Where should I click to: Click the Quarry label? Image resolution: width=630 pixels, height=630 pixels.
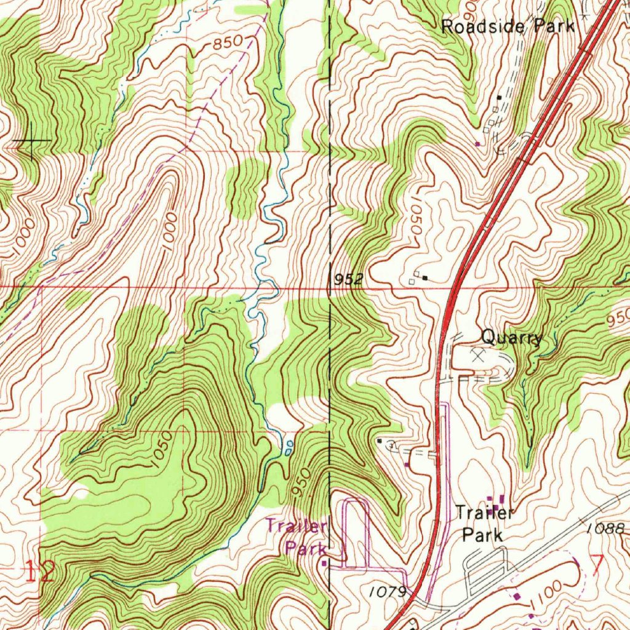point(511,337)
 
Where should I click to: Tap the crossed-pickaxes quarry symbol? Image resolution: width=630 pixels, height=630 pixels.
point(478,354)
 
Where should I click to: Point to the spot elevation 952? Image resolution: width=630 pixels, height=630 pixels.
point(349,280)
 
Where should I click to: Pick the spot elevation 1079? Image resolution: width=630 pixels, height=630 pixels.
point(388,592)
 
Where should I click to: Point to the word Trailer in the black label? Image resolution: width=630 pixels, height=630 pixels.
point(484,512)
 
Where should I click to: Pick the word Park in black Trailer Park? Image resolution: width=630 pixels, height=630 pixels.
point(482,534)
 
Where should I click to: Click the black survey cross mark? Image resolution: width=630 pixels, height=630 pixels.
point(31,142)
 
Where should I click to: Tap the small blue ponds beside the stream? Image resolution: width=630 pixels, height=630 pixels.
point(288,447)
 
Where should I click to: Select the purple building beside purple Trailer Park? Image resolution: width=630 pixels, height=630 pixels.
point(324,562)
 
